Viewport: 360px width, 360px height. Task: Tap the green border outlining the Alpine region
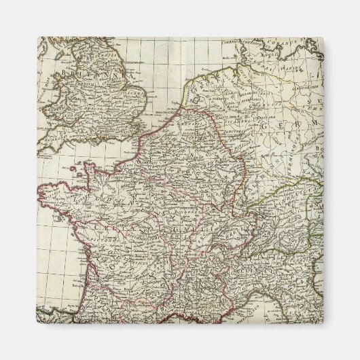point(272,197)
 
